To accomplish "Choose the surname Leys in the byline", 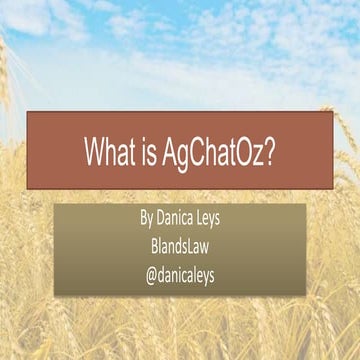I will pyautogui.click(x=214, y=216).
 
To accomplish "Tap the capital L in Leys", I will pyautogui.click(x=201, y=215).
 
